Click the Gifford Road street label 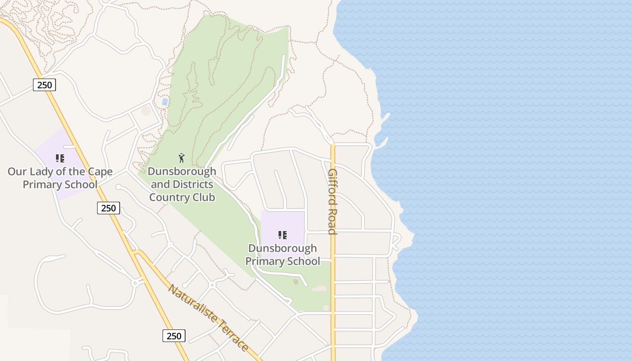tap(333, 202)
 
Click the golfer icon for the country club tap(181, 158)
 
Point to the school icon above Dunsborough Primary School tap(283, 235)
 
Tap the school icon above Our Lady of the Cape tap(60, 158)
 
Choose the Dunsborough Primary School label tap(283, 255)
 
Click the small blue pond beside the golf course tap(165, 102)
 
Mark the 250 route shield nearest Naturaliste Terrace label tap(174, 336)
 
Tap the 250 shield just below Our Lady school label tap(108, 208)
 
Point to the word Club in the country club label tap(205, 197)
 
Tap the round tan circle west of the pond tap(146, 111)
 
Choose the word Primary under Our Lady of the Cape tap(40, 185)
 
